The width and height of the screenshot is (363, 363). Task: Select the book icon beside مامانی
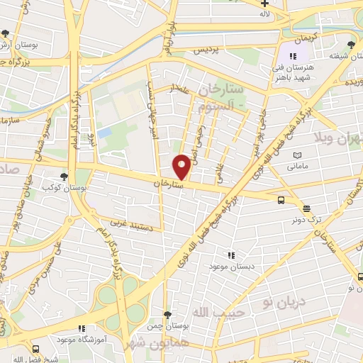click(x=298, y=155)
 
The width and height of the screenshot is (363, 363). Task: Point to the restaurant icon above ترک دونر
click(x=306, y=208)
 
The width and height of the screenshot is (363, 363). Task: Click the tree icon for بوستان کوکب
click(x=65, y=177)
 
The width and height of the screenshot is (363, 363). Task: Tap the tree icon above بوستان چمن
click(x=167, y=314)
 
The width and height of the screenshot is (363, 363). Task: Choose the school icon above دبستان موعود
click(x=230, y=255)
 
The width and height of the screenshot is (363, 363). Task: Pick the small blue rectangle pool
click(x=105, y=133)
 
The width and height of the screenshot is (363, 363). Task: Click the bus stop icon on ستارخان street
click(x=281, y=200)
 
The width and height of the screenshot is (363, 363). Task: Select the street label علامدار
click(x=177, y=88)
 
